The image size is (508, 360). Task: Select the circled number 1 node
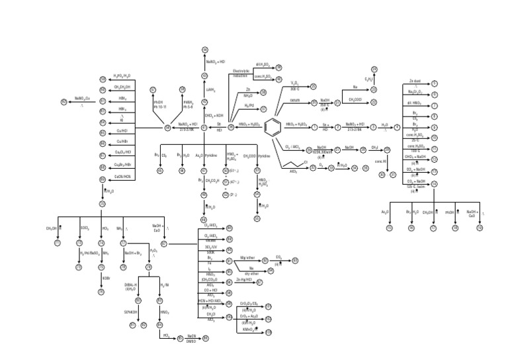(x=316, y=127)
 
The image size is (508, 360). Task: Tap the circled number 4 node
(x=397, y=127)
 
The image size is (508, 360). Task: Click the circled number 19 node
(x=480, y=227)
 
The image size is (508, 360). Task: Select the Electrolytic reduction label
(x=242, y=73)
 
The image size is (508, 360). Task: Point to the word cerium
(x=295, y=100)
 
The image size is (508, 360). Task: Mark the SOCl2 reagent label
(x=85, y=228)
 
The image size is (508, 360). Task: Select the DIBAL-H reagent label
(x=131, y=286)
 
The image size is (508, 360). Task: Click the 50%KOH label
(x=130, y=312)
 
